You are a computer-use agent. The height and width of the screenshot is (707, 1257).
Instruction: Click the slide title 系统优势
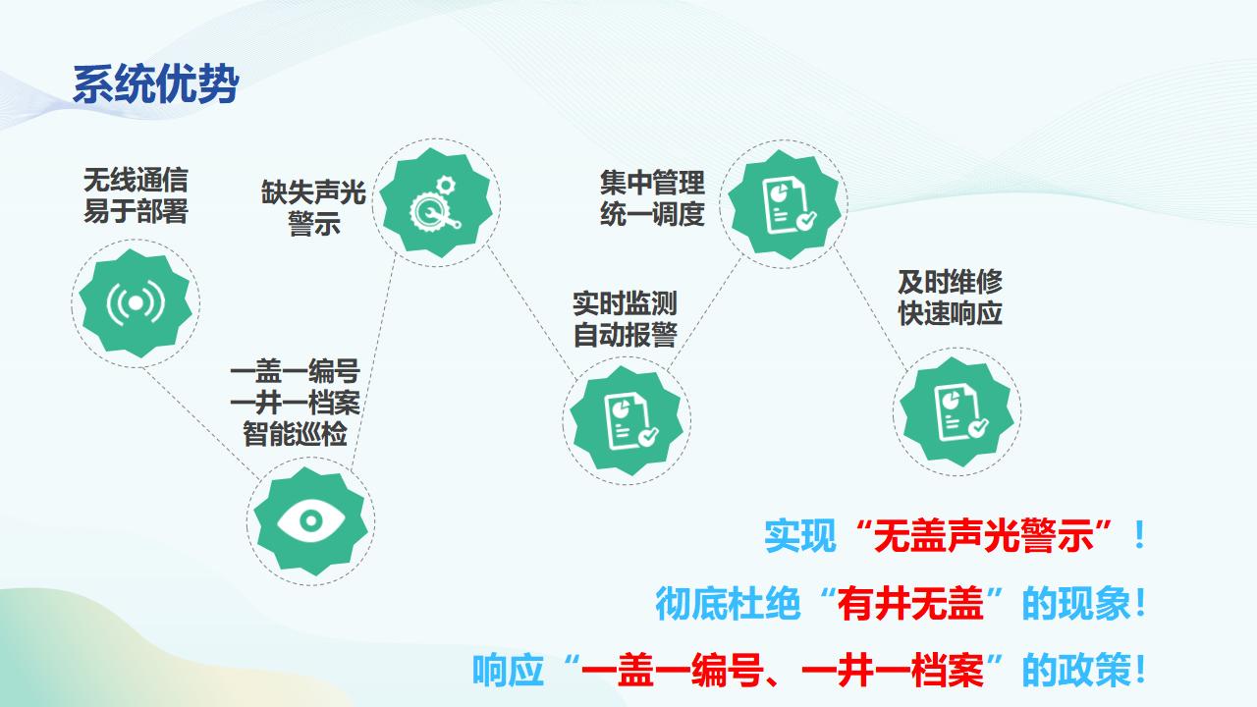(x=156, y=84)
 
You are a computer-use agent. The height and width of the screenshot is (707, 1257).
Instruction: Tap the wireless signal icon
(x=136, y=303)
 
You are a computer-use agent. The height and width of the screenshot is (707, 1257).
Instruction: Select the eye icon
(x=311, y=521)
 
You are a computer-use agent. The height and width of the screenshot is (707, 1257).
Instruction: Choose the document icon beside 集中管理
(x=789, y=205)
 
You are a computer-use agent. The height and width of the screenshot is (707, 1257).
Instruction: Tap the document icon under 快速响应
(x=960, y=412)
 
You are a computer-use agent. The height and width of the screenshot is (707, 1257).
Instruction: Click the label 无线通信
(x=136, y=180)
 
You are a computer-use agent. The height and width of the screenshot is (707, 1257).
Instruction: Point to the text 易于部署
(x=136, y=211)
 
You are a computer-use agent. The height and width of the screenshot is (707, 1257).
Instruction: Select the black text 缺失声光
(x=313, y=192)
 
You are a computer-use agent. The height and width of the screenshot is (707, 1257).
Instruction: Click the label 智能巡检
(x=296, y=434)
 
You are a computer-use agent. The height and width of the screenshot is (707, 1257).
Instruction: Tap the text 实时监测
(x=625, y=303)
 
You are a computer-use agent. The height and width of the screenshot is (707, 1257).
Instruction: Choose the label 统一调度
(x=652, y=214)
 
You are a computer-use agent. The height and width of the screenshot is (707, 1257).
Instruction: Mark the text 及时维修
(x=950, y=282)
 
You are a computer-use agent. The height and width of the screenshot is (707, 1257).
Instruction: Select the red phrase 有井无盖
(x=910, y=603)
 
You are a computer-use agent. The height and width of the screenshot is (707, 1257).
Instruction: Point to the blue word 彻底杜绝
(x=728, y=603)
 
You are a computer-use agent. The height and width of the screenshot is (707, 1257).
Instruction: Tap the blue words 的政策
(x=1076, y=670)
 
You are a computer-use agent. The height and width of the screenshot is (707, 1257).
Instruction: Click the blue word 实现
(x=800, y=535)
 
